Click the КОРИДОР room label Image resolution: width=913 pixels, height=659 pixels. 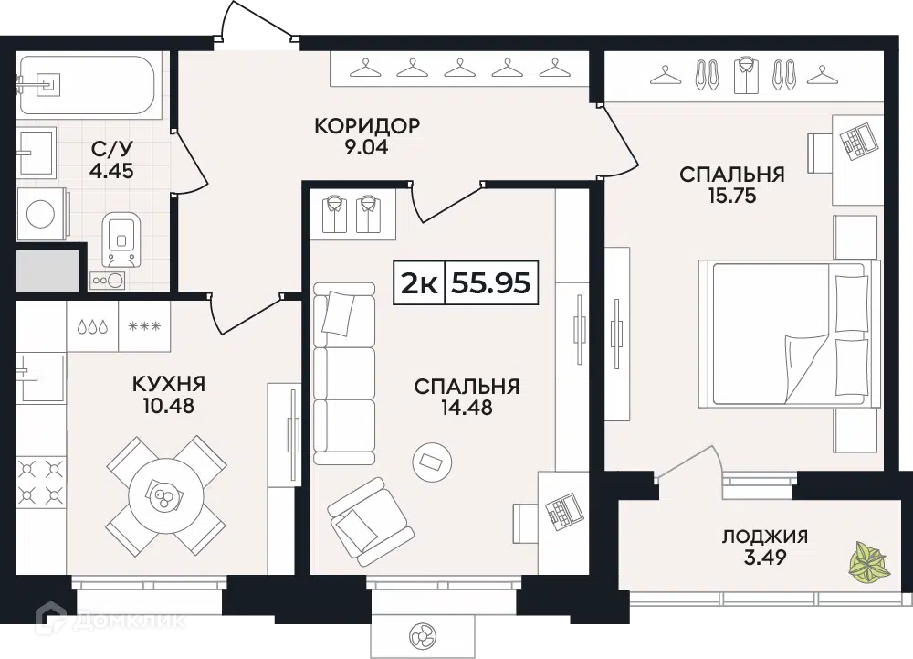367,126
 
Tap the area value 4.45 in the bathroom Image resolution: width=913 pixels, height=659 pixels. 111,171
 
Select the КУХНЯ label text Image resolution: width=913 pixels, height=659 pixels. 169,384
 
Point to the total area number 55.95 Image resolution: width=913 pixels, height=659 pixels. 491,283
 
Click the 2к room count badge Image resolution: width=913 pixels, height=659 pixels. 419,283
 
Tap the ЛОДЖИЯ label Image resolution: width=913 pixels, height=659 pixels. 764,536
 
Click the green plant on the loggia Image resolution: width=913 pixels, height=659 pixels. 867,562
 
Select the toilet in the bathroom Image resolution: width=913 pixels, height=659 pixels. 122,239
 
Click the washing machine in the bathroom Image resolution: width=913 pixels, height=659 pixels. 41,214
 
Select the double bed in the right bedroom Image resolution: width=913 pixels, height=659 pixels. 789,335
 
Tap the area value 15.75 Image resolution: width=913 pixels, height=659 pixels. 732,196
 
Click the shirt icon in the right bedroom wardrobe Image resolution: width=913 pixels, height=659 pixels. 747,75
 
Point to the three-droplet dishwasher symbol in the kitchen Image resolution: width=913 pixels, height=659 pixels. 93,326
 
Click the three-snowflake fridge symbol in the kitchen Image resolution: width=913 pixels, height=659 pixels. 144,325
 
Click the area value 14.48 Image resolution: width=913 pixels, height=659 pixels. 467,408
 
